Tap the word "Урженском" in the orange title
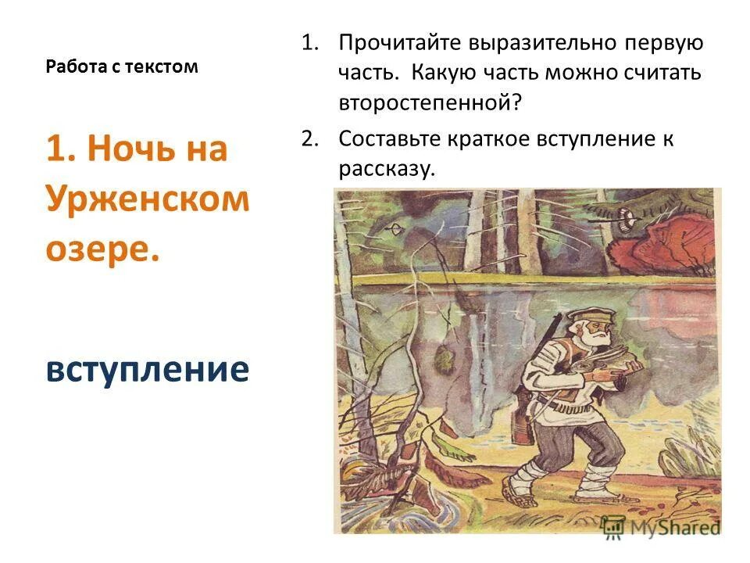click(x=147, y=199)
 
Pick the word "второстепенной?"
click(x=429, y=102)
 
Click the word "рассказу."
click(x=386, y=169)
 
